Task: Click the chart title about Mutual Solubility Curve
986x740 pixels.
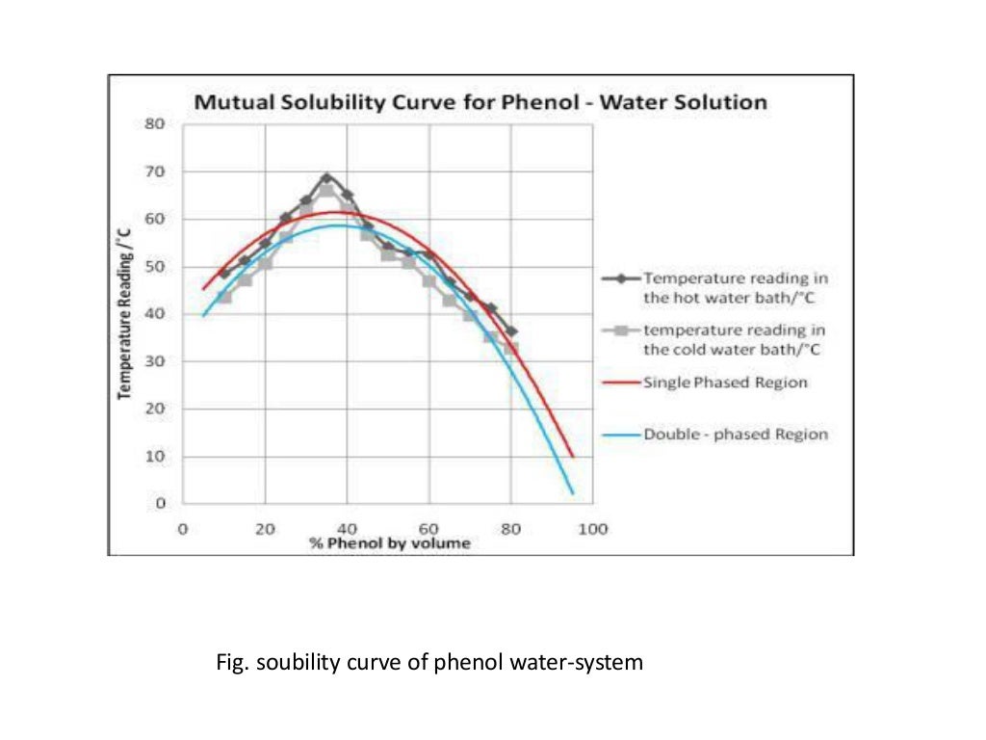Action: pyautogui.click(x=480, y=102)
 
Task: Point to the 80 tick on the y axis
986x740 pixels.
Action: pyautogui.click(x=156, y=124)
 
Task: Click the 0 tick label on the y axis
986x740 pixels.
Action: pyautogui.click(x=161, y=503)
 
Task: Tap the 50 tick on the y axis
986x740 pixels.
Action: pyautogui.click(x=156, y=267)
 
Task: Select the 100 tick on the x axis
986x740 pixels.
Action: pyautogui.click(x=593, y=529)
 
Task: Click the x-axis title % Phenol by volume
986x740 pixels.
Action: pyautogui.click(x=390, y=543)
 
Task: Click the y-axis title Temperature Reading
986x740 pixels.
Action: pyautogui.click(x=125, y=313)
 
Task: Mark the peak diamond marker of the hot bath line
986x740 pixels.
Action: pyautogui.click(x=326, y=178)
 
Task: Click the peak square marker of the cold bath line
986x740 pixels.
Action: pyautogui.click(x=326, y=190)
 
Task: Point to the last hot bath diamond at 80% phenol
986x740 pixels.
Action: pyautogui.click(x=511, y=331)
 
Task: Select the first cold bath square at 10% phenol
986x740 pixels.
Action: pyautogui.click(x=224, y=297)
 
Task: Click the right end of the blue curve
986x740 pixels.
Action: pyautogui.click(x=573, y=493)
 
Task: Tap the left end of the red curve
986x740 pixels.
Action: pyautogui.click(x=203, y=288)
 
